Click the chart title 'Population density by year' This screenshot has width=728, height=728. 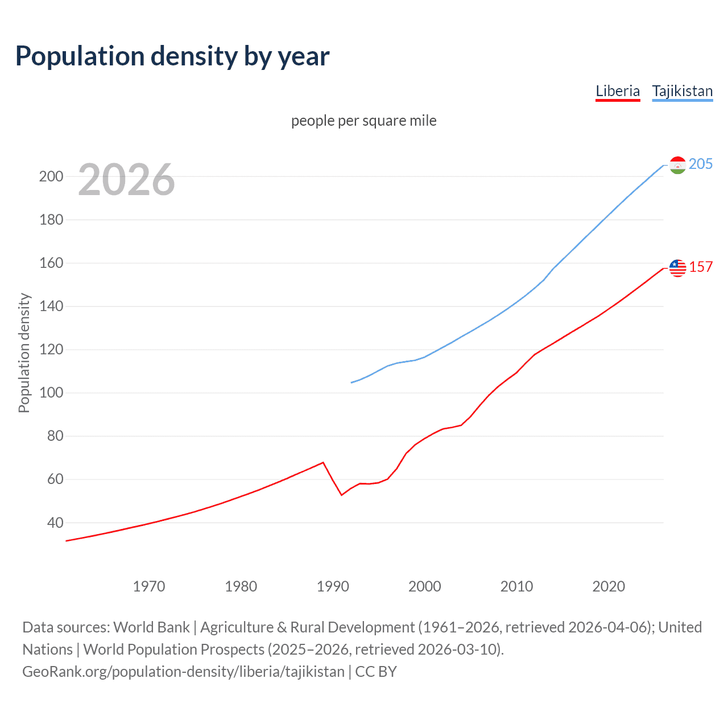coord(172,56)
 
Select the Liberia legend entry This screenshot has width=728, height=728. coord(618,91)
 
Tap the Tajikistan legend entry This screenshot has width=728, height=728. coord(682,91)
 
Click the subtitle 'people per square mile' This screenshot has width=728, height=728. coord(363,121)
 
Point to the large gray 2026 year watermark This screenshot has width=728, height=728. coord(126,180)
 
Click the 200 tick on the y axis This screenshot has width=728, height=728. coord(51,176)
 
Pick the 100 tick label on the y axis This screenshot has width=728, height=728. coord(51,393)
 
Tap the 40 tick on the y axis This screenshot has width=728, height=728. coord(54,523)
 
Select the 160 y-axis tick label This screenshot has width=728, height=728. coord(51,263)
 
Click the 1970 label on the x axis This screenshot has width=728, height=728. coord(149,586)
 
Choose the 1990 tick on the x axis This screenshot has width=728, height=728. coord(333,586)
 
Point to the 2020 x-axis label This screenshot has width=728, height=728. coord(609,586)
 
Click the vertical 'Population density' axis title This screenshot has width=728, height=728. coord(24,353)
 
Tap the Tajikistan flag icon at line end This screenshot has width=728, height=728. coord(677,165)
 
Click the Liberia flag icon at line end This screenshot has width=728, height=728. coord(677,268)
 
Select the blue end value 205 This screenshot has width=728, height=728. coord(700,164)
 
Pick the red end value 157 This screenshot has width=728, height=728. coord(701,267)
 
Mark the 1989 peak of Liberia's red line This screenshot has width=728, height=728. coord(323,462)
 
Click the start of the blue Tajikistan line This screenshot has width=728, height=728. coord(351,383)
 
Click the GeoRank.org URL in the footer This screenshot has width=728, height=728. coord(183,672)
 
